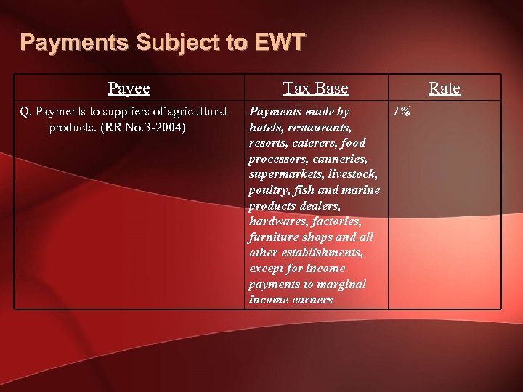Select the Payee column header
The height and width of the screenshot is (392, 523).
tap(129, 89)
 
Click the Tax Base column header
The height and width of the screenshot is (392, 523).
tap(315, 89)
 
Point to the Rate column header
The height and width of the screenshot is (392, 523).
tap(444, 89)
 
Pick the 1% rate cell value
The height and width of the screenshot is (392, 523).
tap(401, 112)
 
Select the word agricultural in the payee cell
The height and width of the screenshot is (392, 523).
tap(195, 112)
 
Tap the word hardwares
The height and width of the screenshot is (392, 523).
tap(276, 221)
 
